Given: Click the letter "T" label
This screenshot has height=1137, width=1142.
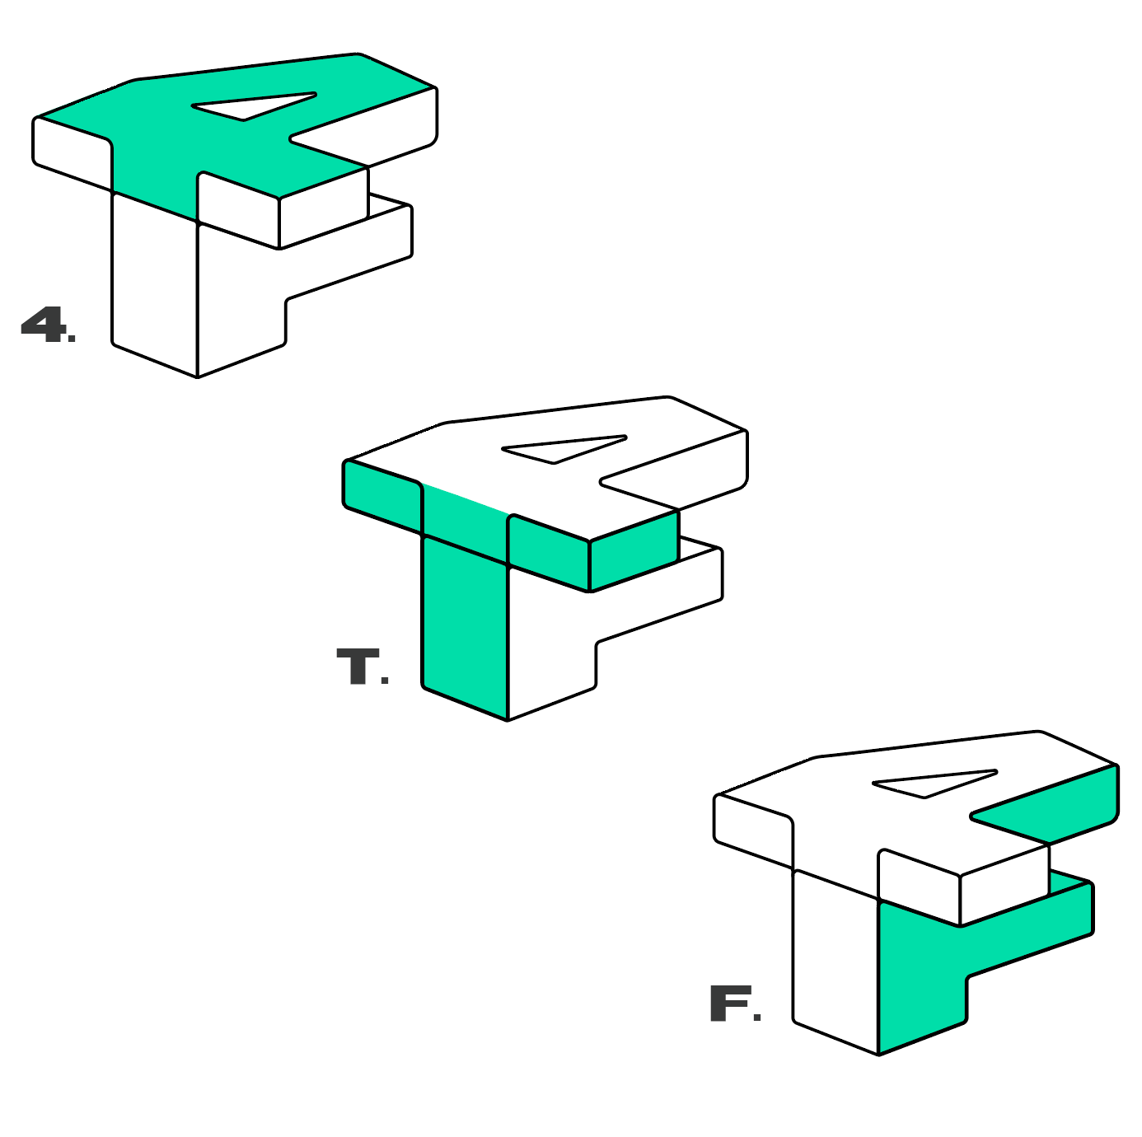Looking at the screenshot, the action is pyautogui.click(x=358, y=666).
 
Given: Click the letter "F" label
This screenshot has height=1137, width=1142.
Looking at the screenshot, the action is pyautogui.click(x=731, y=1004).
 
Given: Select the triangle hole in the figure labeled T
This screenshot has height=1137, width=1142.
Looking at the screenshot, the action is pyautogui.click(x=564, y=449).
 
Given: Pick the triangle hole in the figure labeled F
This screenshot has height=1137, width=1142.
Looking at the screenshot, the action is pyautogui.click(x=934, y=784).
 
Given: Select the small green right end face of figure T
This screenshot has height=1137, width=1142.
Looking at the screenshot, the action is pyautogui.click(x=634, y=550).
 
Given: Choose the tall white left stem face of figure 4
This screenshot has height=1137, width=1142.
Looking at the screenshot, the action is pyautogui.click(x=155, y=284).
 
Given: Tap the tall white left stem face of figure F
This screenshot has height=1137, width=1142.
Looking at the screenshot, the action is pyautogui.click(x=835, y=961).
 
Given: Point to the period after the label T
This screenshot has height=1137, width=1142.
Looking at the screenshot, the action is pyautogui.click(x=385, y=681).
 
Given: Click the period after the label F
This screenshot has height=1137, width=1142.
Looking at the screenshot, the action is pyautogui.click(x=756, y=1018).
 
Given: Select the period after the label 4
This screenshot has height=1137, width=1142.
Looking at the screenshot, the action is pyautogui.click(x=72, y=339).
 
